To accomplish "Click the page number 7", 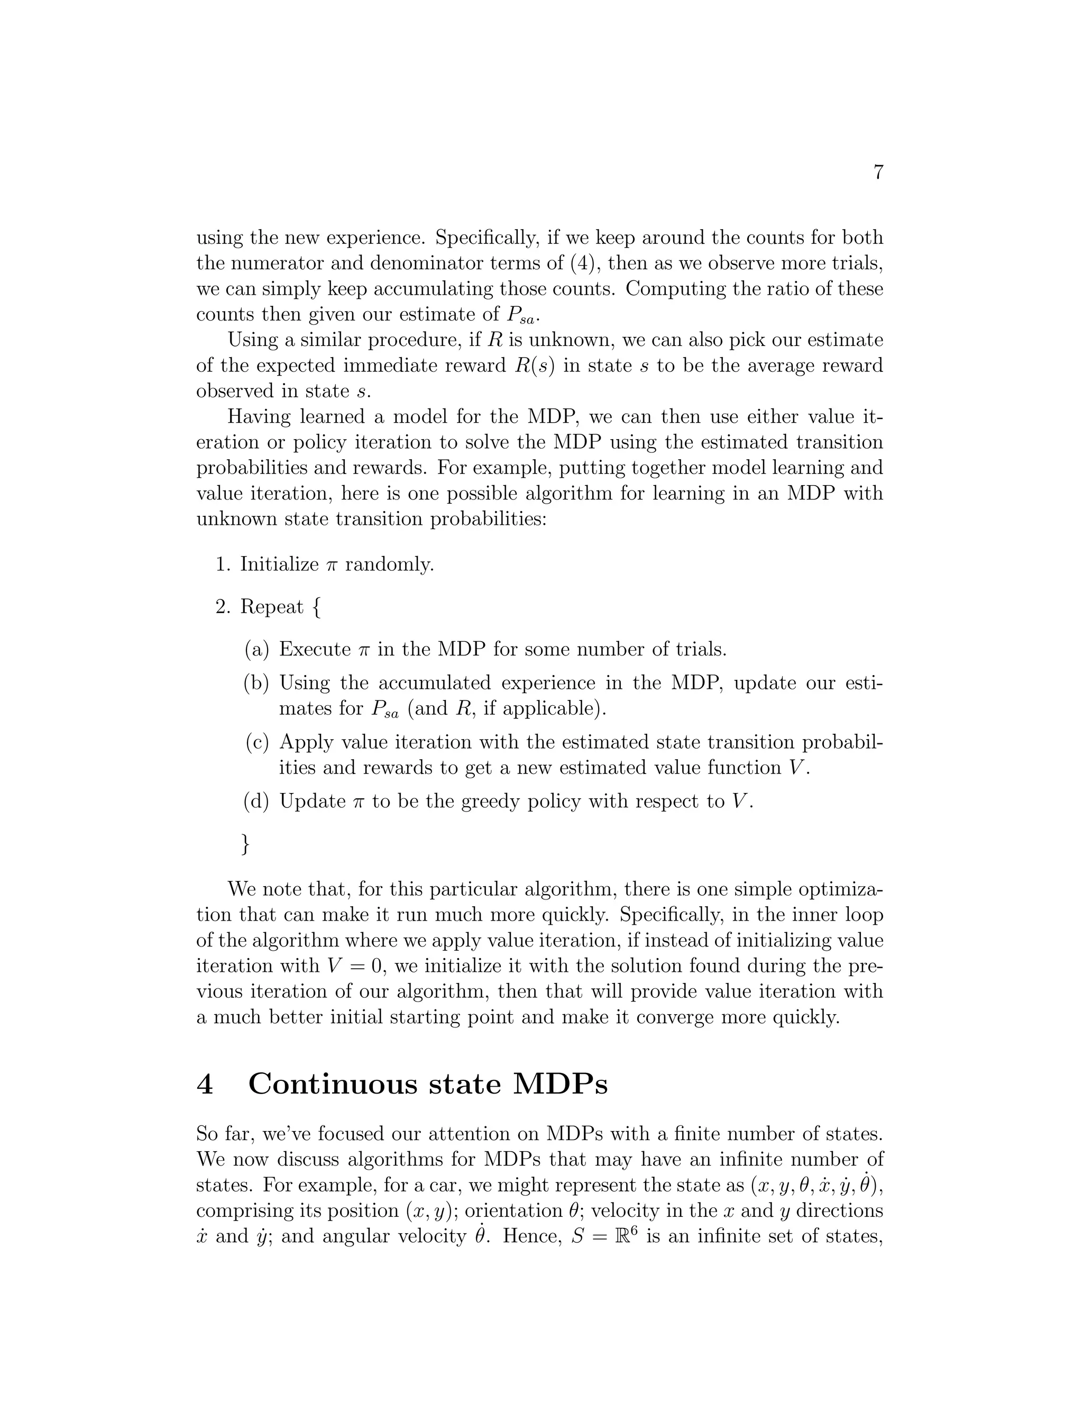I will (878, 172).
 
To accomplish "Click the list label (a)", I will (258, 649).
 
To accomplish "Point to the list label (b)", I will (258, 683).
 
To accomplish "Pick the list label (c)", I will (258, 743).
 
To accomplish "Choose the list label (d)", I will (258, 801).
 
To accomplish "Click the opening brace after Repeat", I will (316, 607).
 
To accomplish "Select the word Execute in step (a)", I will (315, 649).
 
